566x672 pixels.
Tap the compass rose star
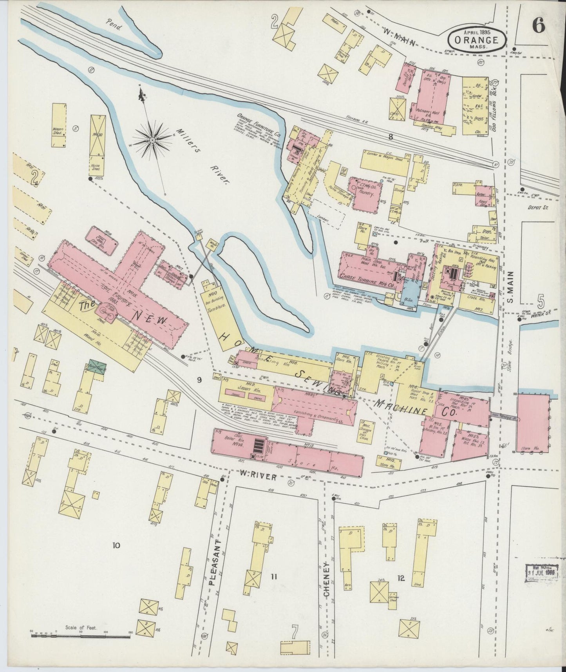tap(152, 139)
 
